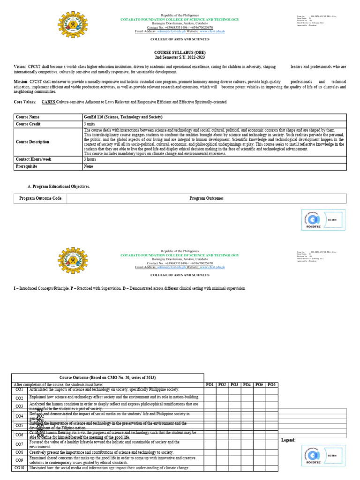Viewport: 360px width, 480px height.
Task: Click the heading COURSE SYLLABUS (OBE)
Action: [x=180, y=52]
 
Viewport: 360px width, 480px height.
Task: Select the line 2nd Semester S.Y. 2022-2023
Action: [x=180, y=57]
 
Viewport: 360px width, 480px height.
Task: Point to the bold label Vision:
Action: [x=20, y=67]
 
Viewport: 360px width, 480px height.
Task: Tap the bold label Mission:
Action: [x=21, y=81]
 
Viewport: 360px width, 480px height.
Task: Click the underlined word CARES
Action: [x=48, y=102]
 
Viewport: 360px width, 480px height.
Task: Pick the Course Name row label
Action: [x=28, y=117]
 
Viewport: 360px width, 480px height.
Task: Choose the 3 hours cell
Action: [x=90, y=159]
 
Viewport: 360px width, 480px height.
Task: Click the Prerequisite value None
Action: [x=88, y=166]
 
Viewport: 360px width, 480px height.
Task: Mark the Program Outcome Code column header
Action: [x=40, y=198]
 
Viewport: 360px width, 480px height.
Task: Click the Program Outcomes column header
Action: [x=206, y=198]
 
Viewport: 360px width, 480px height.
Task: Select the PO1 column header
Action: [x=210, y=385]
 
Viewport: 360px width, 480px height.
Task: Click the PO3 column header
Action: [x=235, y=385]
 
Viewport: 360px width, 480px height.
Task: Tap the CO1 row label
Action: [x=19, y=390]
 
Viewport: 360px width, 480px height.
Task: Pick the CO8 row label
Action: [x=19, y=452]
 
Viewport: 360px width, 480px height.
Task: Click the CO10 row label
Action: [x=19, y=468]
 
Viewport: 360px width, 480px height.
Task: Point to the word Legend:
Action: [x=288, y=440]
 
